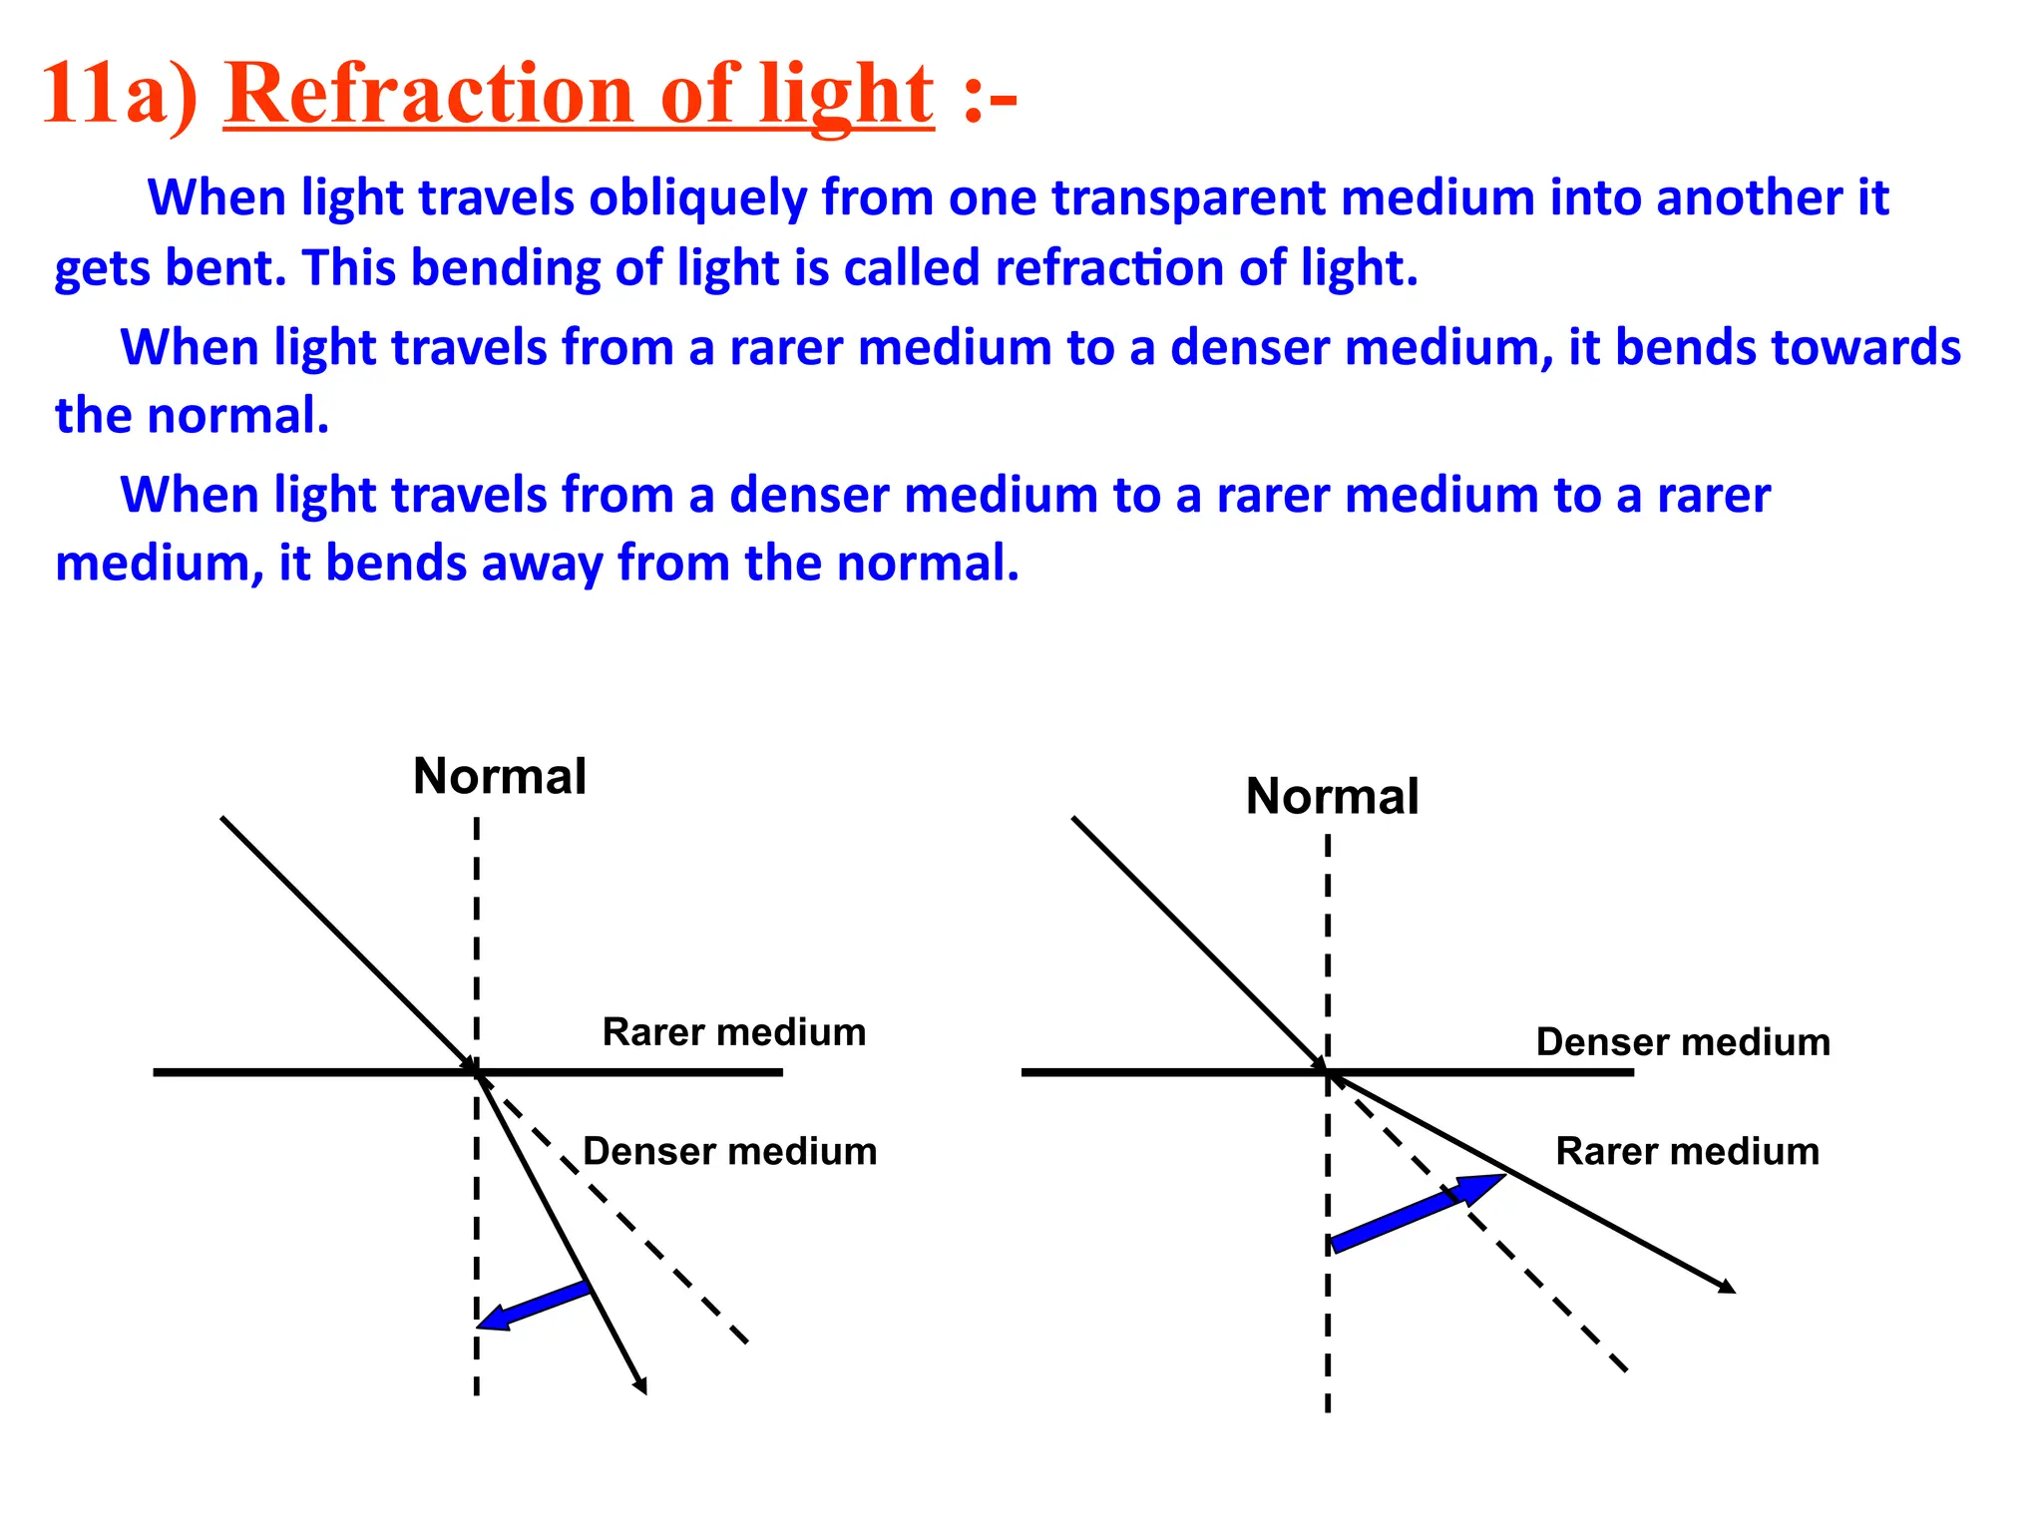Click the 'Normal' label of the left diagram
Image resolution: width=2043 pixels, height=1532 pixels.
pyautogui.click(x=500, y=776)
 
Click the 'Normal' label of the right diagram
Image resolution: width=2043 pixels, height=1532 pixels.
pyautogui.click(x=1332, y=796)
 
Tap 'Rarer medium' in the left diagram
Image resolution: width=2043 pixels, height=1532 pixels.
pyautogui.click(x=734, y=1031)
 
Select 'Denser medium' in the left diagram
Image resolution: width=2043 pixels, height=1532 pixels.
pyautogui.click(x=729, y=1151)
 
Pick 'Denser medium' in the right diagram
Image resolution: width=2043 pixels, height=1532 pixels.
pyautogui.click(x=1683, y=1041)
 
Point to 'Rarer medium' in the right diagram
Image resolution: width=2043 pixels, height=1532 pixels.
pyautogui.click(x=1687, y=1151)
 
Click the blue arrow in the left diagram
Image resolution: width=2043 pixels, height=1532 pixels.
pyautogui.click(x=534, y=1306)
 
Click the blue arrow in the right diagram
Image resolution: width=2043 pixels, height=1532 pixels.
pyautogui.click(x=1417, y=1212)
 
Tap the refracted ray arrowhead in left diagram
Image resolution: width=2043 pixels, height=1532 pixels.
pyautogui.click(x=641, y=1385)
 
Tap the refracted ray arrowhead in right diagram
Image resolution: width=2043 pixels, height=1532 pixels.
pyautogui.click(x=1727, y=1287)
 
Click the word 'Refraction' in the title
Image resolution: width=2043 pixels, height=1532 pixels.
pyautogui.click(x=430, y=95)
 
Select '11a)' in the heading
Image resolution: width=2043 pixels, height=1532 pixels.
pyautogui.click(x=121, y=95)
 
